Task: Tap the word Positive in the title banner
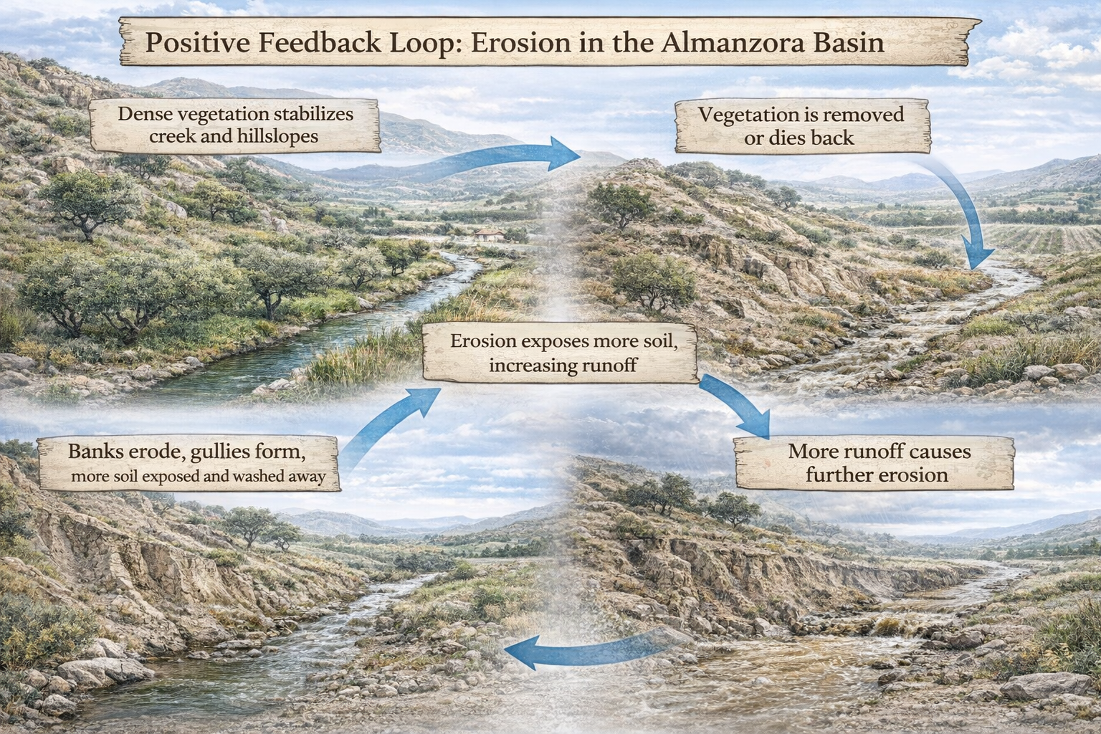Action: [x=196, y=43]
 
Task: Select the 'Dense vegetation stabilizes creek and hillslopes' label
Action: [x=235, y=125]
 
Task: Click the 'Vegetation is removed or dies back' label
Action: [x=801, y=125]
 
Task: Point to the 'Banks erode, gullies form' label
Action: [x=188, y=462]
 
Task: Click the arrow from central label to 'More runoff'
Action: [x=735, y=405]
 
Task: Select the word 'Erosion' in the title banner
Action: [x=510, y=43]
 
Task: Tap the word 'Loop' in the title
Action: [x=421, y=43]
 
